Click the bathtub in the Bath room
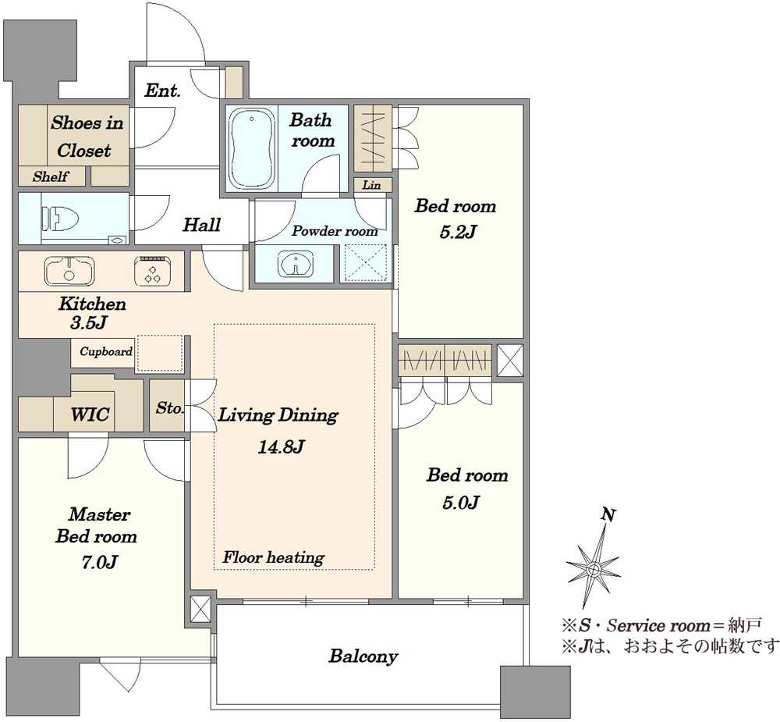(252, 148)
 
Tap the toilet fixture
(61, 218)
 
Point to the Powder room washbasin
(296, 263)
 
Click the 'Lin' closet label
(371, 185)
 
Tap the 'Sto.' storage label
(169, 408)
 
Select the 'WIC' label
(90, 414)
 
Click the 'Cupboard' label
(106, 351)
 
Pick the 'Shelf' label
(51, 176)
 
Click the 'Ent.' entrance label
(162, 91)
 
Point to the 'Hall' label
(201, 225)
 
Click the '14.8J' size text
(281, 447)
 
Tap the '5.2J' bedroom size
(458, 232)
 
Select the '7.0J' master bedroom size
(99, 562)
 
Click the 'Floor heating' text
(274, 557)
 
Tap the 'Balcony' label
(363, 656)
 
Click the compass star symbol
(594, 567)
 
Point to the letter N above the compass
(608, 514)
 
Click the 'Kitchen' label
(92, 304)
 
